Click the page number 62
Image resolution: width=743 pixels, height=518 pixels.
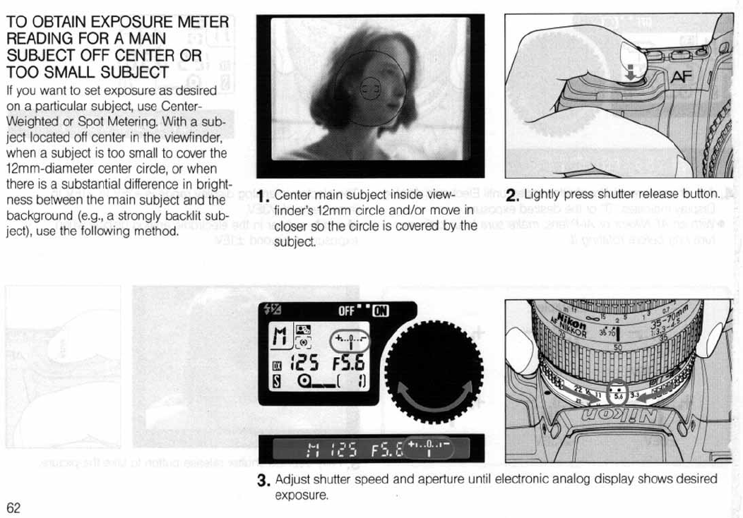13,508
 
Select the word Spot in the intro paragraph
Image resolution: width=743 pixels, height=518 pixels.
81,121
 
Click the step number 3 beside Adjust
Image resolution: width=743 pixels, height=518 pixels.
263,482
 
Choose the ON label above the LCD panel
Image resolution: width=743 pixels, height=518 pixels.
381,310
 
